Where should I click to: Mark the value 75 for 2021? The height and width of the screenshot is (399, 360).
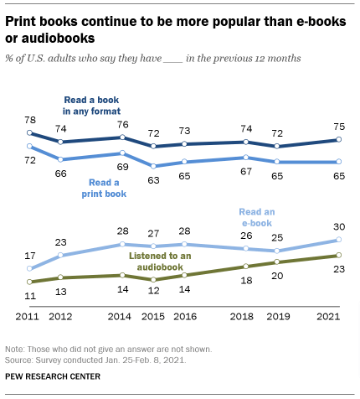[x=337, y=127]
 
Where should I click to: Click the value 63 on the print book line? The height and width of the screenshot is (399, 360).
[x=152, y=178]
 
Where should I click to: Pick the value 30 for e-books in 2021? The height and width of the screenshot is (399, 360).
[x=337, y=227]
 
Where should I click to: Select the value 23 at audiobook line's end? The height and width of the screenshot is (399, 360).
[x=337, y=268]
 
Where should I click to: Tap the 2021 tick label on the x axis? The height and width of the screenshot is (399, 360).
[x=334, y=317]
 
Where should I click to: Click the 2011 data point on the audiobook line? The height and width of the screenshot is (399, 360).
[x=29, y=282]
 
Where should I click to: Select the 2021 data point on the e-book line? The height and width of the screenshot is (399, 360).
[x=337, y=241]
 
